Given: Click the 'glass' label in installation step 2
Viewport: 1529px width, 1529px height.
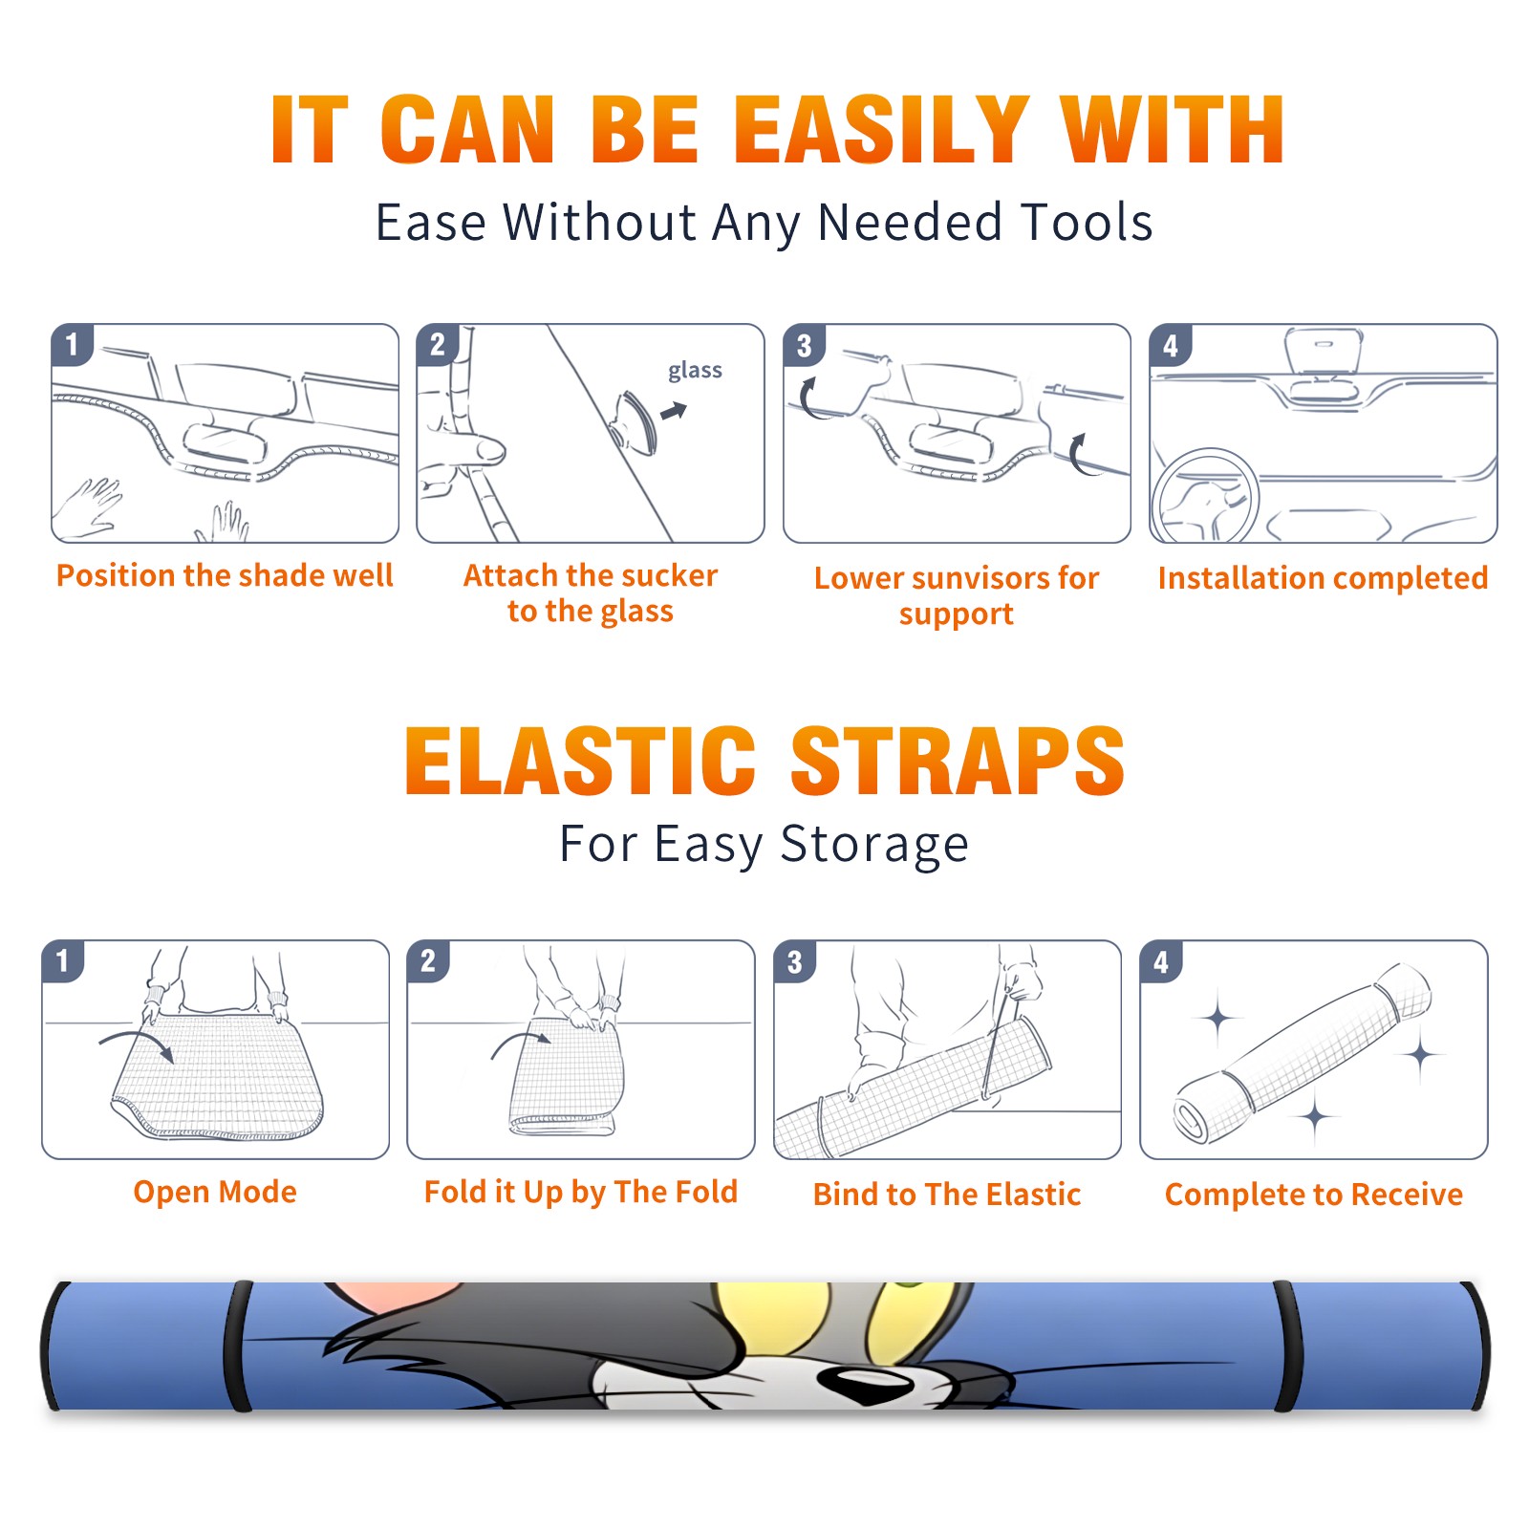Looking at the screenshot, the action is (695, 371).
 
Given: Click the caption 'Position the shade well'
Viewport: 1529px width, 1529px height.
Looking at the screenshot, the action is (225, 576).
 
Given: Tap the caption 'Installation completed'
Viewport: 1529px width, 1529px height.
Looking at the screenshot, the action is (1323, 578).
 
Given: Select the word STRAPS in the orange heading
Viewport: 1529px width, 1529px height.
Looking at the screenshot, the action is (958, 761).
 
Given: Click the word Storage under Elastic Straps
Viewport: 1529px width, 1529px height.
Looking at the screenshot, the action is (874, 845).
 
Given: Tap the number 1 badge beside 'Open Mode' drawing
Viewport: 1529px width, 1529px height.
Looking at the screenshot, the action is (63, 960).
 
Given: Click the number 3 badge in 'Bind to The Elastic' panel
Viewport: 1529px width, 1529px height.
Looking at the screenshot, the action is (795, 961).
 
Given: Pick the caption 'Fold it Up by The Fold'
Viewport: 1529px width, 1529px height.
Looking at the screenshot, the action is (581, 1193).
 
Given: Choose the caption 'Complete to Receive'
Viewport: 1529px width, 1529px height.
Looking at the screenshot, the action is (1314, 1195).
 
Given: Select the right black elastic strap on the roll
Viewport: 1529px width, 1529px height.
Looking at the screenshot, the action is (1286, 1346).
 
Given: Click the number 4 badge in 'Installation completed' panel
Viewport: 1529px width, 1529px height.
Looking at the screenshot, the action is (1171, 346).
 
